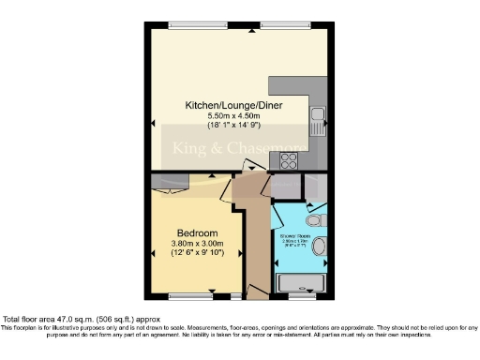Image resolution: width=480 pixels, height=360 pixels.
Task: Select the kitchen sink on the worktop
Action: click(x=318, y=117)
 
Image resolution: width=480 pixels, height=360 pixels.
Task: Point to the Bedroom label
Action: click(x=198, y=232)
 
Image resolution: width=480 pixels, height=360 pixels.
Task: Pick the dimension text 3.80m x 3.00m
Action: click(x=198, y=244)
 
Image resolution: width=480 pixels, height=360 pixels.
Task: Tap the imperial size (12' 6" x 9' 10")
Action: click(x=198, y=254)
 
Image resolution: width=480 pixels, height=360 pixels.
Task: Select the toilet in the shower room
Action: click(x=314, y=218)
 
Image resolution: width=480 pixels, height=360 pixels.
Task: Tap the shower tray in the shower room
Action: click(x=301, y=280)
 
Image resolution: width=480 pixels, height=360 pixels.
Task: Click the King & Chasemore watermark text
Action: click(x=234, y=147)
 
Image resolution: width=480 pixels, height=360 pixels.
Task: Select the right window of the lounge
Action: click(x=294, y=25)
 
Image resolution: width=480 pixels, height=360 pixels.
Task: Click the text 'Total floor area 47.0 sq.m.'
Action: click(x=56, y=319)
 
